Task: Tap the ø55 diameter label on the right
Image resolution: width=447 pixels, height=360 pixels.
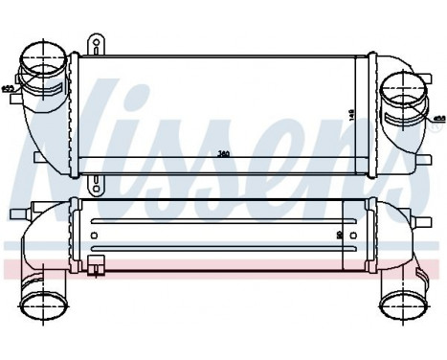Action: [x=439, y=120]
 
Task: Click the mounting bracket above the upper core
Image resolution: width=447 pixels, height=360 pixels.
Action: [x=96, y=44]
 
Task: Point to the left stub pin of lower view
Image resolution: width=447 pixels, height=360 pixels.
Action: [x=14, y=212]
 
